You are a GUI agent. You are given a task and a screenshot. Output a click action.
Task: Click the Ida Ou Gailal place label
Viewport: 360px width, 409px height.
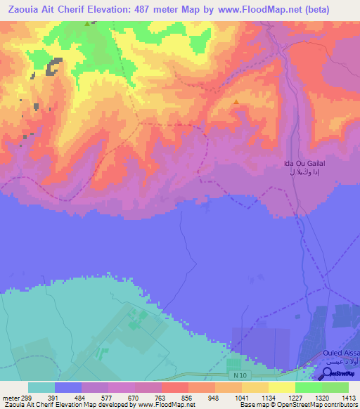pos(304,163)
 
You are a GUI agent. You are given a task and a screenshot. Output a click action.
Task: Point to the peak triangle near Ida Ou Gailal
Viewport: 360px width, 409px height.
pos(236,102)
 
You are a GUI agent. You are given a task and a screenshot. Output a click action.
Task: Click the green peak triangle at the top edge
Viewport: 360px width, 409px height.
pos(87,24)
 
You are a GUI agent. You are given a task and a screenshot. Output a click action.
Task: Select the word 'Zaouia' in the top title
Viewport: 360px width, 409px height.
pos(20,8)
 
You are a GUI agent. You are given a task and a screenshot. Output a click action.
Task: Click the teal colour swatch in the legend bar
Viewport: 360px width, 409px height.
pos(41,387)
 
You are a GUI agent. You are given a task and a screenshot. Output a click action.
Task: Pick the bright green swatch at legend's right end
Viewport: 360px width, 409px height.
pos(335,387)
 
